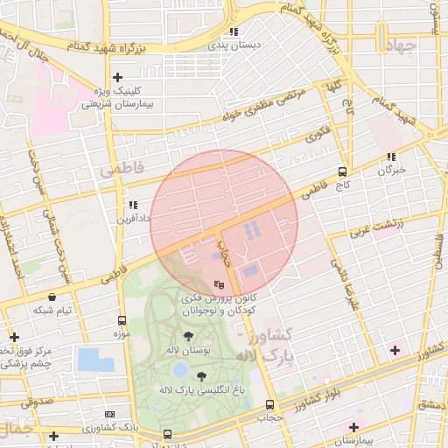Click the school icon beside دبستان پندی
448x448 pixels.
pyautogui.click(x=233, y=32)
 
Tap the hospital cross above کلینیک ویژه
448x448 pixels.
pyautogui.click(x=117, y=78)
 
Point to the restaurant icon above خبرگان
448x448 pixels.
pyautogui.click(x=391, y=157)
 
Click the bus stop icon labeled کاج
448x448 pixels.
pyautogui.click(x=341, y=172)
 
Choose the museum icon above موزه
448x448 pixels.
pyautogui.click(x=121, y=321)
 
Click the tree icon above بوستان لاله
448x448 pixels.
pyautogui.click(x=189, y=336)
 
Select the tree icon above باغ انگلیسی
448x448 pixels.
pyautogui.click(x=201, y=375)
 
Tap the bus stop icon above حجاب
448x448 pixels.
pyautogui.click(x=269, y=405)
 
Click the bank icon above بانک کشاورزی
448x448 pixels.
pyautogui.click(x=109, y=414)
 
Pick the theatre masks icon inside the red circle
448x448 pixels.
pyautogui.click(x=220, y=283)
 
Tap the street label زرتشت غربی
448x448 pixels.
pyautogui.click(x=377, y=227)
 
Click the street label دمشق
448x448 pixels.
pyautogui.click(x=431, y=405)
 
